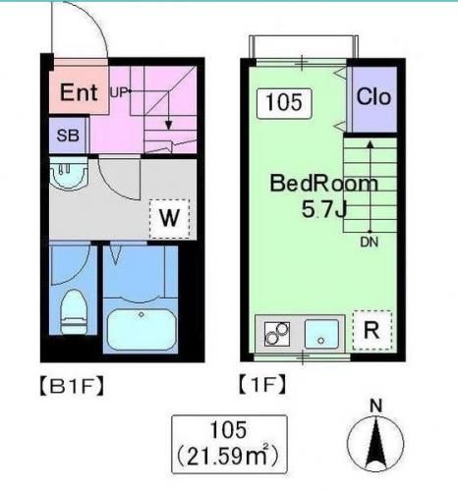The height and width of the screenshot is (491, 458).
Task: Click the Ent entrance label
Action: coord(79,92)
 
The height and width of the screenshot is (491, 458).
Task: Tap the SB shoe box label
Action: coord(68,136)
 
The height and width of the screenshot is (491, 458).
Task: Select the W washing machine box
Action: coord(169,218)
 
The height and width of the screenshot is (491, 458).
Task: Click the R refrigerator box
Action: coord(372,330)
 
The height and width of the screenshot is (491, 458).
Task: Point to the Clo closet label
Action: coord(373,97)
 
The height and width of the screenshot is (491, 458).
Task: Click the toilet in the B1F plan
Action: coord(75,312)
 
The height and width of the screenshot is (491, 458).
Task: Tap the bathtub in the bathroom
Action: coord(141,329)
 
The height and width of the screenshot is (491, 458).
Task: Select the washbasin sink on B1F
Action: coord(69,174)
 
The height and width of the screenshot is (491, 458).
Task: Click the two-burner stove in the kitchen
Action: coord(277,334)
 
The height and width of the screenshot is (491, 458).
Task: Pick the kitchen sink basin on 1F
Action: coord(321,334)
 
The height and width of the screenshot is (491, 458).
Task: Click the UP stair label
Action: coord(118,92)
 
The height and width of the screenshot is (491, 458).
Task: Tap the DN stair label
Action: coord(369,243)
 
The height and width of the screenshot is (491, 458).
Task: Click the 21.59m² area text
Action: coord(228,457)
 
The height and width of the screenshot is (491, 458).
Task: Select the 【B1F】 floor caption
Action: coord(72,387)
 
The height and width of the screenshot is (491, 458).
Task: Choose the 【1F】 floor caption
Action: coord(261,385)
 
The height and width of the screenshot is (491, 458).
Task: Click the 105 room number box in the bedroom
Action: coord(284,103)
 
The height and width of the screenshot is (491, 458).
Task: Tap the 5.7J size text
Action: coord(324,209)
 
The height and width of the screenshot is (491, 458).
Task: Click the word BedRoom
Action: coord(324,184)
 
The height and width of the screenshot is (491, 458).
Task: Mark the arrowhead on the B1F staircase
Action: coord(168,125)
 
